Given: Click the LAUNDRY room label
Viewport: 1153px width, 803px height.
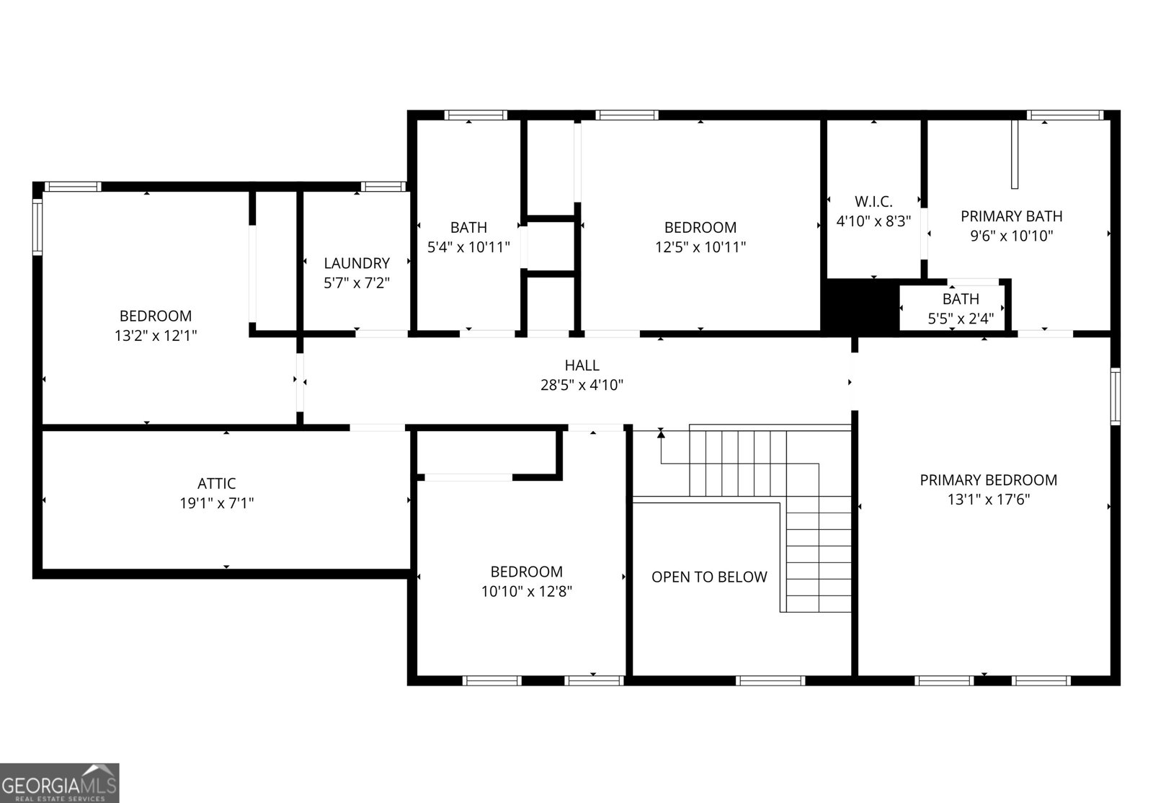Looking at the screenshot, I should tap(357, 263).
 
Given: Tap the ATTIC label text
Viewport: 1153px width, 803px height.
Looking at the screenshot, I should tap(216, 484).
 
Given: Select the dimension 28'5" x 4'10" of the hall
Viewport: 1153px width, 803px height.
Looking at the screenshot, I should tap(582, 385).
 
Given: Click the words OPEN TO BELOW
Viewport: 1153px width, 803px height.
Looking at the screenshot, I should tap(709, 577).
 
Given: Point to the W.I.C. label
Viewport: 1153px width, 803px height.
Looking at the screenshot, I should tap(873, 202).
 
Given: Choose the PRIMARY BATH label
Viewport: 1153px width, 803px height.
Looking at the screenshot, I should tap(1011, 216).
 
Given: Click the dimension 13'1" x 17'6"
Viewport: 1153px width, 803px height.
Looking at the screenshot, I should tap(988, 500).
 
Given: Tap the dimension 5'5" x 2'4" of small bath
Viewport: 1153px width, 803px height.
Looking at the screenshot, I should tap(961, 317).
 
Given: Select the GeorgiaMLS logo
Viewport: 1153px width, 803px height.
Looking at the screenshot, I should tap(59, 782).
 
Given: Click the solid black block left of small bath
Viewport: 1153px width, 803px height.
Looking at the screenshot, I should tap(859, 306).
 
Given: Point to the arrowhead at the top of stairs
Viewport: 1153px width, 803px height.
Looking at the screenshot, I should tap(660, 434).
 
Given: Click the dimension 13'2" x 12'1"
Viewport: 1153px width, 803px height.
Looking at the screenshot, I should tap(156, 335).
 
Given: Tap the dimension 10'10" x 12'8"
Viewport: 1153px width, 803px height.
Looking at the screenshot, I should tap(527, 591).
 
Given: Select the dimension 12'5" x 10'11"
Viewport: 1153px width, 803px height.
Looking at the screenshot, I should tap(700, 247).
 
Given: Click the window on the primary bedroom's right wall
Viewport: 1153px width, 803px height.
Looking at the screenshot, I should tap(1115, 396).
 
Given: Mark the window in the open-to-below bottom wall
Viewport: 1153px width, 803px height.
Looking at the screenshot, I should tap(770, 680).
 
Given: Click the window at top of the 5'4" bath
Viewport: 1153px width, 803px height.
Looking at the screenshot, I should tap(475, 115).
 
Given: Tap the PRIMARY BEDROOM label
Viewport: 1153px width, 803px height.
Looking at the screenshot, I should tap(988, 480).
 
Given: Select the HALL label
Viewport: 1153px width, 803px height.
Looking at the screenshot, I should tap(582, 365).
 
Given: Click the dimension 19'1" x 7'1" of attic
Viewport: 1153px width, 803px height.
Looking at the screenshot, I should tap(216, 503).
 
